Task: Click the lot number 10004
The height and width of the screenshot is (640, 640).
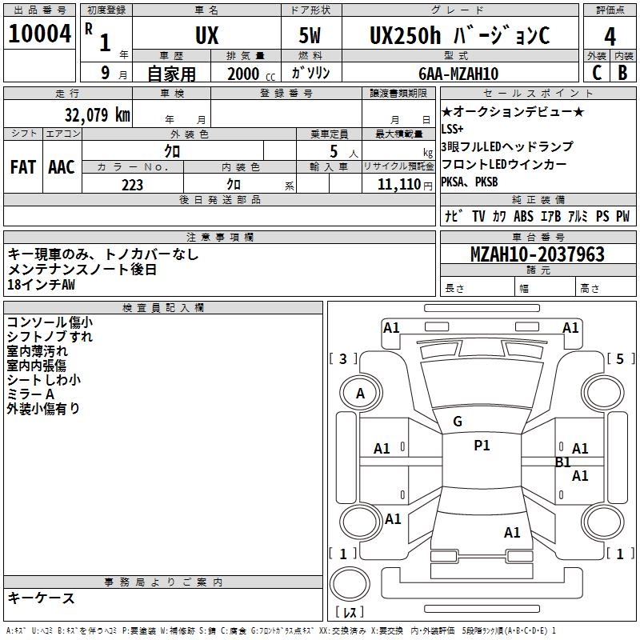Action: pos(39,34)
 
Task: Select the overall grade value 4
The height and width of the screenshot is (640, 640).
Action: pos(610,37)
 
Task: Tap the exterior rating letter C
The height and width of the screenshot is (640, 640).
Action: pos(597,73)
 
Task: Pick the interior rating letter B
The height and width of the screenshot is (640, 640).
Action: pos(622,73)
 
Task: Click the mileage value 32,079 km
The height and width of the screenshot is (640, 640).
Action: pos(97,115)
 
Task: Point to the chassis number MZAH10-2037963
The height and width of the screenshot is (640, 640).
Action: pos(538,254)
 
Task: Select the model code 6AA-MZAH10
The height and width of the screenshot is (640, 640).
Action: pos(458,74)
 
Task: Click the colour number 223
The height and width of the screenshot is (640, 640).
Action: pos(132,185)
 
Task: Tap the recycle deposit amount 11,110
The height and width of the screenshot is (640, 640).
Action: pos(398,185)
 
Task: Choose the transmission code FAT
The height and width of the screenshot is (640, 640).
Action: pos(23,167)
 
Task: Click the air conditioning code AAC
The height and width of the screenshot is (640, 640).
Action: pos(62,167)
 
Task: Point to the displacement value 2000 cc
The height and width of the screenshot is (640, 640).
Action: pos(251,74)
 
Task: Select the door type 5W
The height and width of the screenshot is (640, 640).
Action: pos(310,35)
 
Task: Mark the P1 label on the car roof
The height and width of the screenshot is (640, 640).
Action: pos(482,446)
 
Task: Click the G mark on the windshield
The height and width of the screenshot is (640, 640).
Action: pos(458,422)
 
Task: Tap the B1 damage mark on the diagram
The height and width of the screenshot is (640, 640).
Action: pos(563,462)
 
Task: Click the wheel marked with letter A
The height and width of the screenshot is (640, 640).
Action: pos(361,394)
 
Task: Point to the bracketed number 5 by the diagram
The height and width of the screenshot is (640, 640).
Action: pos(620,358)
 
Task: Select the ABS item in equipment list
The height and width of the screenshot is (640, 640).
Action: pos(523,216)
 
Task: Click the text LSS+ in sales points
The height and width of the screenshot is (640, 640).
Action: pos(452,129)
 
